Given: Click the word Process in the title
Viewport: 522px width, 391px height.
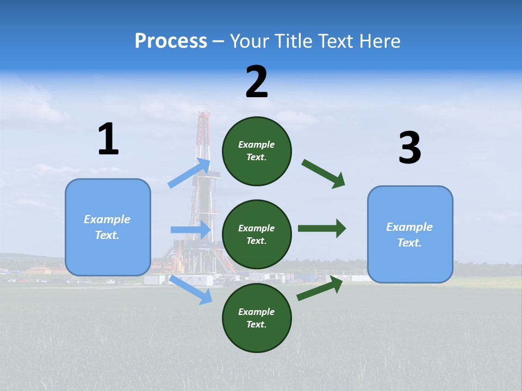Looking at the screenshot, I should (171, 41).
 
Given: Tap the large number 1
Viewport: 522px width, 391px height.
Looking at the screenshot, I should (108, 139).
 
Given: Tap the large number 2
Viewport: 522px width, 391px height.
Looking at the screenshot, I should (257, 82).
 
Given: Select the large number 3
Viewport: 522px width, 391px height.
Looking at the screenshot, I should (409, 148).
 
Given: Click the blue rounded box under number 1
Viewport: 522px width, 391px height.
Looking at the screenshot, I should (108, 227).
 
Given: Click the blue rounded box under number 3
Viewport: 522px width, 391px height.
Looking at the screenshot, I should (410, 234).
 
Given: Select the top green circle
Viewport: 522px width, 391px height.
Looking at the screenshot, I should (257, 151).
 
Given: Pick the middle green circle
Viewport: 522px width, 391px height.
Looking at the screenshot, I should (257, 234).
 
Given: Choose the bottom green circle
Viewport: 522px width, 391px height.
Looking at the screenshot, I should (257, 318).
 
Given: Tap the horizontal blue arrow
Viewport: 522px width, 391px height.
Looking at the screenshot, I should (191, 230).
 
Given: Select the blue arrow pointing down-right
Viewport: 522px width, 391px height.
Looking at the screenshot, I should (191, 289).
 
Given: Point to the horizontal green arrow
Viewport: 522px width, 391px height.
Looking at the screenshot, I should (321, 229).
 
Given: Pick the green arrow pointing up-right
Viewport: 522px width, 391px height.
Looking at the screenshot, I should (320, 288).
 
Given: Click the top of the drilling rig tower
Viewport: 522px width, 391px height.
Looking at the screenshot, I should (204, 114).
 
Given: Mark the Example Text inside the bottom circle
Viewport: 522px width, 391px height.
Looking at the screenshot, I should (257, 318).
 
